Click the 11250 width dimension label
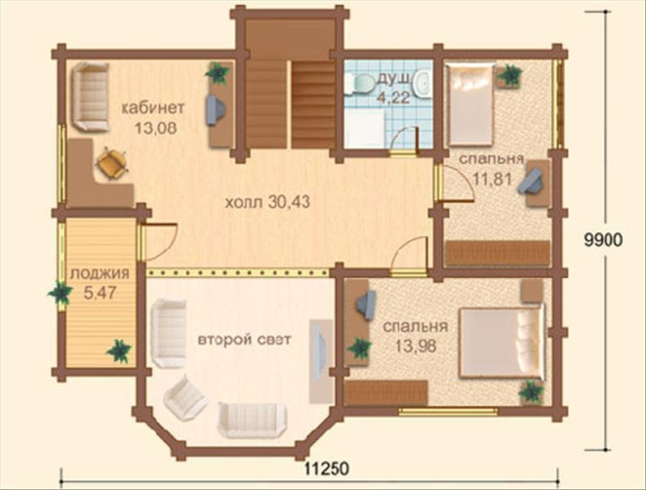coord(327,468)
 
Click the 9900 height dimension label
coord(602,239)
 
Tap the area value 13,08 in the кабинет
coord(156,128)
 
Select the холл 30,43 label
coord(267,202)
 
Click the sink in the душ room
coord(422,84)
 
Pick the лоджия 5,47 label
coord(99,283)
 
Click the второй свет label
coord(245,340)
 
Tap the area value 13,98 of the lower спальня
coord(415,345)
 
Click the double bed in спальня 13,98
coord(501,342)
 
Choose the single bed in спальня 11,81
coord(471,103)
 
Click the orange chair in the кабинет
coord(111,163)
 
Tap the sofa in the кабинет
coord(90,97)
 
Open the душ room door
coord(405,140)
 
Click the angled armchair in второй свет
coord(185,398)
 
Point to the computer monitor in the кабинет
coord(216,110)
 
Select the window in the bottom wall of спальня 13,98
coord(448,411)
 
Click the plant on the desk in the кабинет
coord(218,73)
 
